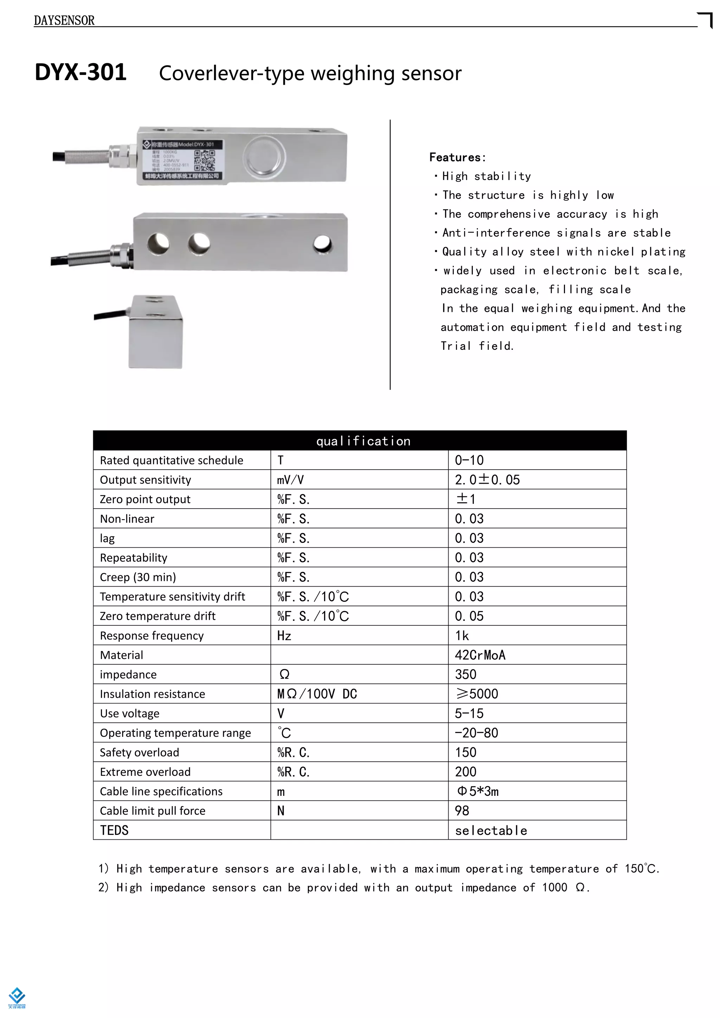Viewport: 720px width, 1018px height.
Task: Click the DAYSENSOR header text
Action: click(64, 20)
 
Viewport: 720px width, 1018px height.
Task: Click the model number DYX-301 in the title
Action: click(81, 72)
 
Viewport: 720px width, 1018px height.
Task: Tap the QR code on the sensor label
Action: click(204, 160)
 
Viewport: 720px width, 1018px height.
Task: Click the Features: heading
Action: click(457, 157)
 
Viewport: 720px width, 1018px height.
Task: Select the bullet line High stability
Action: click(486, 176)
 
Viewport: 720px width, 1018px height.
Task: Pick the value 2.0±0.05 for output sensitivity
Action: click(487, 480)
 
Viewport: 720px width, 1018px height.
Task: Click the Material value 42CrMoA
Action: click(480, 655)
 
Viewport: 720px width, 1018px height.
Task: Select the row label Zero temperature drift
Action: click(157, 616)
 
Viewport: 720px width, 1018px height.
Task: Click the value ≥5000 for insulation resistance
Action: click(477, 694)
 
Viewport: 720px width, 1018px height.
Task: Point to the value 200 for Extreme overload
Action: click(465, 772)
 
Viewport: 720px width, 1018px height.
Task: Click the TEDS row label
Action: click(114, 830)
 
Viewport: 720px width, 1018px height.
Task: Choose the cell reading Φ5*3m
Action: click(478, 791)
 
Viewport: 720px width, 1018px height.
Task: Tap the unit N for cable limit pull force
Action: click(281, 811)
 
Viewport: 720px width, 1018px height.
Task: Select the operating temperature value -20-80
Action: click(477, 733)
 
